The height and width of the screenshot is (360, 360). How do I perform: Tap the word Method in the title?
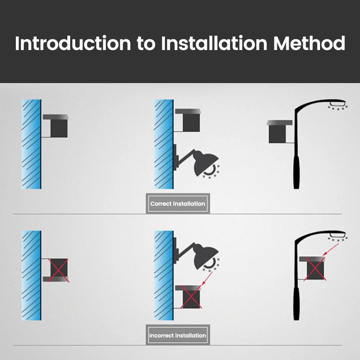click(309, 44)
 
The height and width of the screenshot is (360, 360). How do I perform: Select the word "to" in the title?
click(146, 44)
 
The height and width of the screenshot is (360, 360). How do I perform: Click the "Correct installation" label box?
click(177, 204)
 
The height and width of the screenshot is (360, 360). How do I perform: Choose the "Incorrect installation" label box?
click(177, 336)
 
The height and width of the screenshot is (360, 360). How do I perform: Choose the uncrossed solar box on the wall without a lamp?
click(59, 128)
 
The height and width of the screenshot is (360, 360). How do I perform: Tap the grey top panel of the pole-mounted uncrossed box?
click(279, 123)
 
